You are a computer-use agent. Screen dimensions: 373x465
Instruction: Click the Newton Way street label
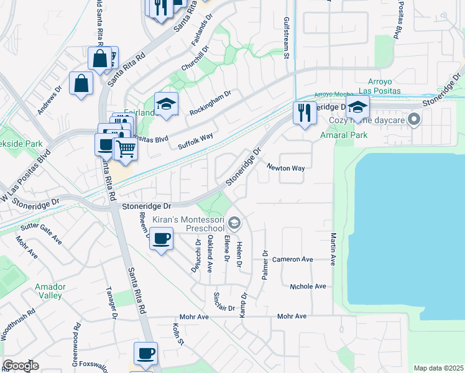coord(286,168)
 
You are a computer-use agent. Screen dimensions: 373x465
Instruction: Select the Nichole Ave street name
coord(308,287)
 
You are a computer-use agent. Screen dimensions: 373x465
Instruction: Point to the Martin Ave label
coord(334,249)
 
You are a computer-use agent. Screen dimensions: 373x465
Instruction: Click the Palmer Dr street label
coord(265,264)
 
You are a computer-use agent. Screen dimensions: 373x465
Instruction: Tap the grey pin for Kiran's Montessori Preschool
coord(234,222)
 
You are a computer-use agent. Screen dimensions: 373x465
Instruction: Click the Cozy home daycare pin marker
coord(416,117)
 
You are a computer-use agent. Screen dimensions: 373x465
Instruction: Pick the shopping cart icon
coord(126,149)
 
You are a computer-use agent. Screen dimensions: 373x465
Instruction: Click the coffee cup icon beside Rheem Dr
coord(162,238)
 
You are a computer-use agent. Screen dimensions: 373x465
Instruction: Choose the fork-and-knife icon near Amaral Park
coord(304,113)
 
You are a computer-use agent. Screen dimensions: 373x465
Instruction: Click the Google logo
coord(21,366)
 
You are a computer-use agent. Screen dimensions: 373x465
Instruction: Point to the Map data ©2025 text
coord(438,368)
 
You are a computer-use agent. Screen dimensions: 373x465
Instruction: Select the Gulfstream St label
coord(287,38)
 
